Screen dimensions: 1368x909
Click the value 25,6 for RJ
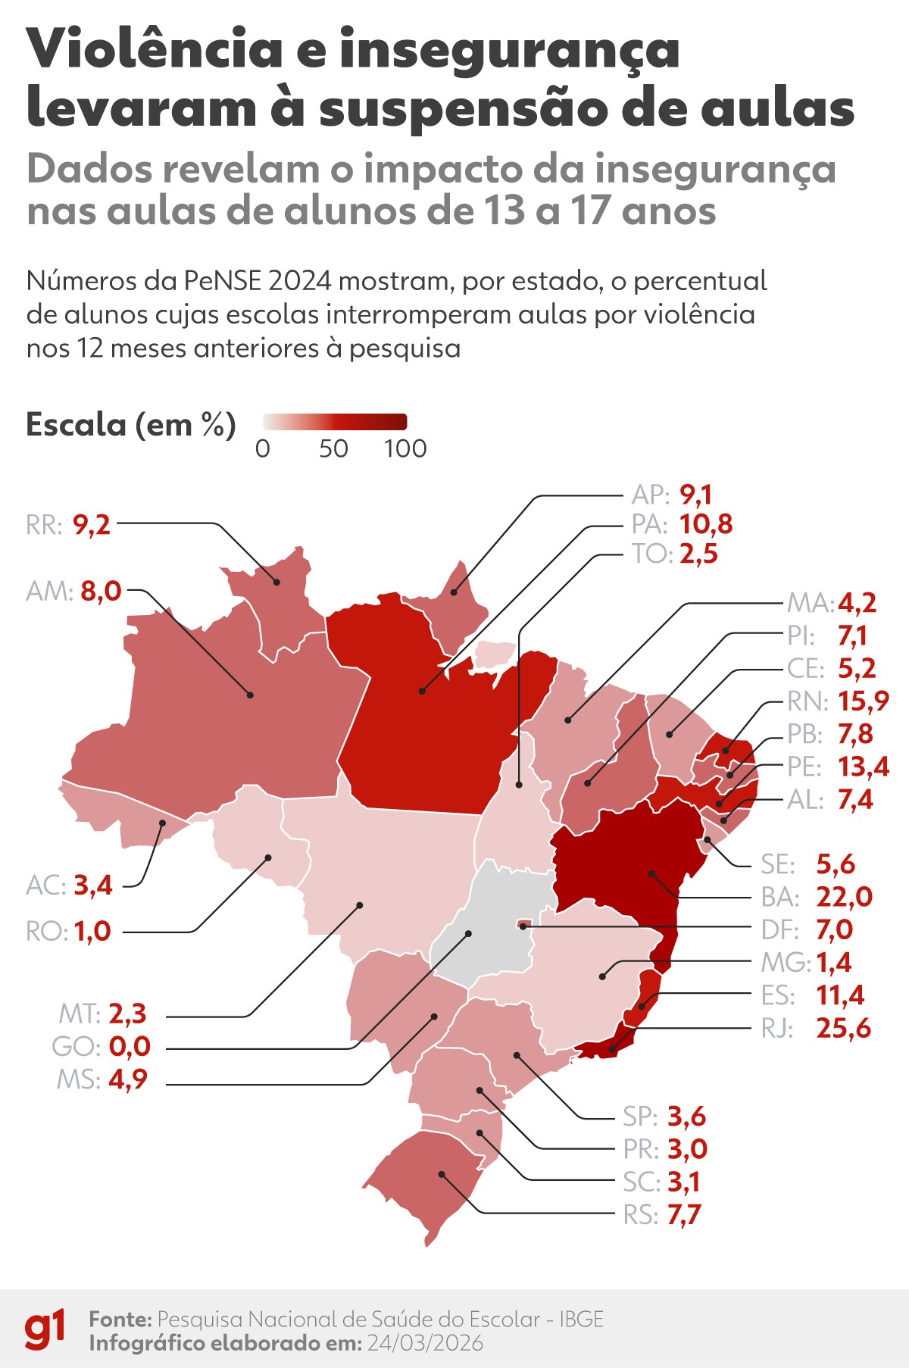(x=843, y=1028)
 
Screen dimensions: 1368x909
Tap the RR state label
(x=44, y=524)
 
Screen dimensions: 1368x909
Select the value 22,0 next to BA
(x=844, y=897)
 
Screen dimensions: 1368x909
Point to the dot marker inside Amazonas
(x=250, y=694)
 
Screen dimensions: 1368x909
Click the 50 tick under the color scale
(x=333, y=448)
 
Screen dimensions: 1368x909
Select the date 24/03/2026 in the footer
(x=425, y=1343)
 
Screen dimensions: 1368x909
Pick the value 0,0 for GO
(x=130, y=1046)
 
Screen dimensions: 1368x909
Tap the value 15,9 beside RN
(x=863, y=701)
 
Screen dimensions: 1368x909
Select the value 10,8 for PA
(x=705, y=523)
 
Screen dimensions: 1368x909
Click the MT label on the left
(x=80, y=1014)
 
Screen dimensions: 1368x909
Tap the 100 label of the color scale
(x=405, y=448)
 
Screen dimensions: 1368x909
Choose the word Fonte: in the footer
(x=120, y=1319)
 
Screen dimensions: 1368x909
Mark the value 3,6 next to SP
(x=686, y=1116)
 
